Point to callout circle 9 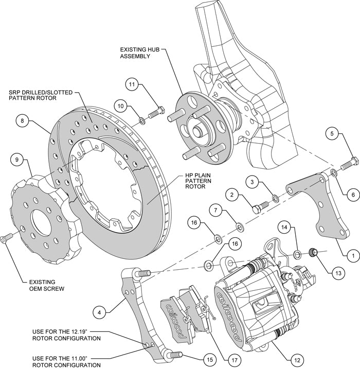click(x=16, y=160)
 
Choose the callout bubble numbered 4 click(x=101, y=311)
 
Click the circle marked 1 click(x=352, y=253)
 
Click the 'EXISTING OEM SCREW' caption click(x=44, y=285)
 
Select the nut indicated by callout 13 click(x=312, y=252)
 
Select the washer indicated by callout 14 click(x=298, y=254)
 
